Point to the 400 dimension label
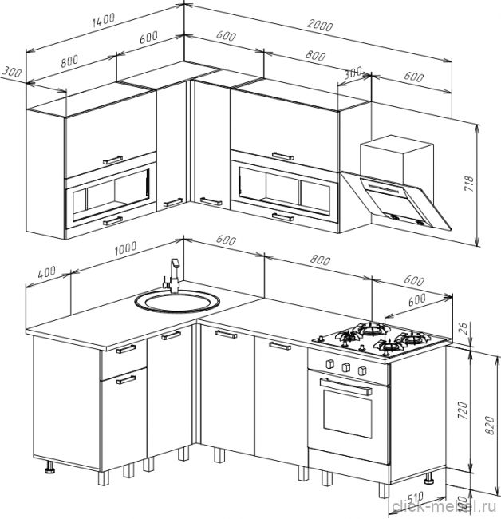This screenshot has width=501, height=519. click(47, 272)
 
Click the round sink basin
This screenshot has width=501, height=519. click(176, 303)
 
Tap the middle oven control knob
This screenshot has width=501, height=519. click(347, 366)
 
